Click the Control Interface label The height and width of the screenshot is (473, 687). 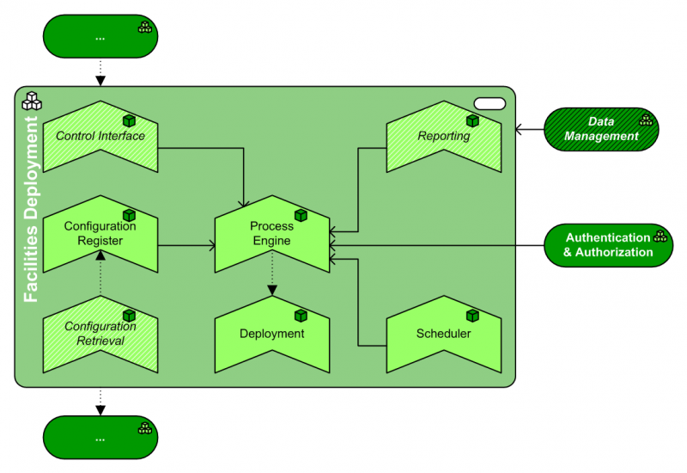100,136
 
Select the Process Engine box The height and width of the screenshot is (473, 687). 271,234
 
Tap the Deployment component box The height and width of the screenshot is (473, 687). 271,334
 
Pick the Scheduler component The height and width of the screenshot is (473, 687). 443,334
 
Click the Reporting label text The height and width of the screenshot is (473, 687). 443,136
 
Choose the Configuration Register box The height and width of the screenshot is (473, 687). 100,234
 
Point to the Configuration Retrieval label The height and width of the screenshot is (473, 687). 100,334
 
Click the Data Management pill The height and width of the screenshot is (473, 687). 601,129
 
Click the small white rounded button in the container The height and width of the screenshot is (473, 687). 489,103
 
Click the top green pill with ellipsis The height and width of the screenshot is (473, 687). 100,38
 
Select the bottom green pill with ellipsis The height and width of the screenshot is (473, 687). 100,438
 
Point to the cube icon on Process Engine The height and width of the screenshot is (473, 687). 301,215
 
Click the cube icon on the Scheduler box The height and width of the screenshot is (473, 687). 472,316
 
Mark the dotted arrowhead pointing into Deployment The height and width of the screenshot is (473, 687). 272,291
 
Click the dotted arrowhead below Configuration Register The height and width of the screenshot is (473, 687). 100,255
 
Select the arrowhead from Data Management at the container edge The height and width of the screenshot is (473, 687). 520,130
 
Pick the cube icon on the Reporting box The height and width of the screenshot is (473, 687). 472,121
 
